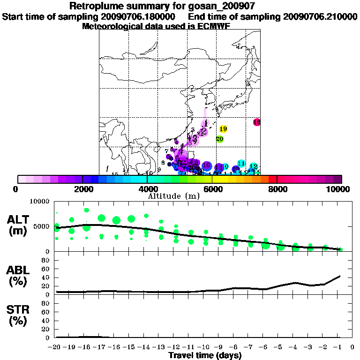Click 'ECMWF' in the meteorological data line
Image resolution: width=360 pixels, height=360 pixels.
click(210, 26)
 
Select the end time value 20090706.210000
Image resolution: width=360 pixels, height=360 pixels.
click(321, 16)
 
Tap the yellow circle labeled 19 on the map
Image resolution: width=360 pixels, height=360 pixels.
click(223, 129)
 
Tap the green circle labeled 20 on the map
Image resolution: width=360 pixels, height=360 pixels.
click(219, 139)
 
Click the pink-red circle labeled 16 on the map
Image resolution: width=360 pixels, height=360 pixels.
click(256, 122)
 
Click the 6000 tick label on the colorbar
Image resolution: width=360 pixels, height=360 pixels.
click(213, 189)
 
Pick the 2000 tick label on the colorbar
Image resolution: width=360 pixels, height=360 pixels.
click(82, 189)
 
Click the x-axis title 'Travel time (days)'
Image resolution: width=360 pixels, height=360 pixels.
click(205, 355)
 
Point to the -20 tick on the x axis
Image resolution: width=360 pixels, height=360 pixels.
click(56, 347)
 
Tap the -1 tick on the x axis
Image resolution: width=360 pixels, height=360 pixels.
click(340, 347)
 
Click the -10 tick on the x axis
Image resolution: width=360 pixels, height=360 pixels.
click(205, 347)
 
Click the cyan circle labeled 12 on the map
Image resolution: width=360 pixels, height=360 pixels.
click(253, 166)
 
